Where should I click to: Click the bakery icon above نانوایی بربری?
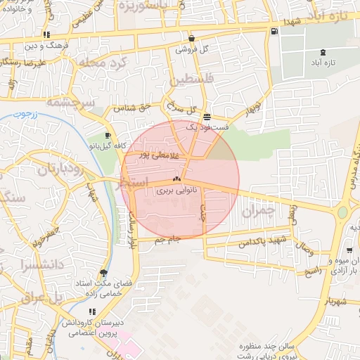click(176, 179)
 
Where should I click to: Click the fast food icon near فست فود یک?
click(206, 117)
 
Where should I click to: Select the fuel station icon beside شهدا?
click(274, 31)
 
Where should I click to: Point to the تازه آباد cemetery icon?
click(322, 53)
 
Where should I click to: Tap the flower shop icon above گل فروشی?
click(191, 39)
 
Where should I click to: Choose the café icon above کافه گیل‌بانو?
click(107, 136)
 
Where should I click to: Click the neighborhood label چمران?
click(255, 210)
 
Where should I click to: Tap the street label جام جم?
click(169, 239)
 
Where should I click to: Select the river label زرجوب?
click(27, 113)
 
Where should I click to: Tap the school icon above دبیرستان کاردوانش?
click(91, 311)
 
